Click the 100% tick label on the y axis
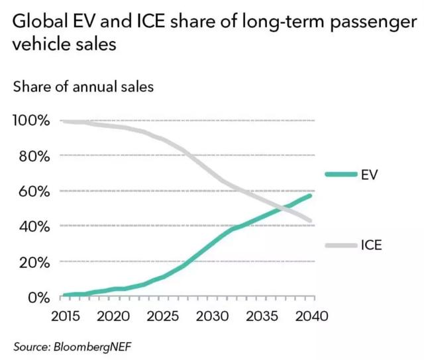tap(30, 121)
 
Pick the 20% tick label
tap(33, 263)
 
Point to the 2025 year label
tap(162, 316)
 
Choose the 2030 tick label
tap(212, 316)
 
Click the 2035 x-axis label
tap(262, 316)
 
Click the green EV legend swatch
tap(341, 174)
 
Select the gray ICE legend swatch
tap(341, 246)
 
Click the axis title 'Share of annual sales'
tap(83, 87)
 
